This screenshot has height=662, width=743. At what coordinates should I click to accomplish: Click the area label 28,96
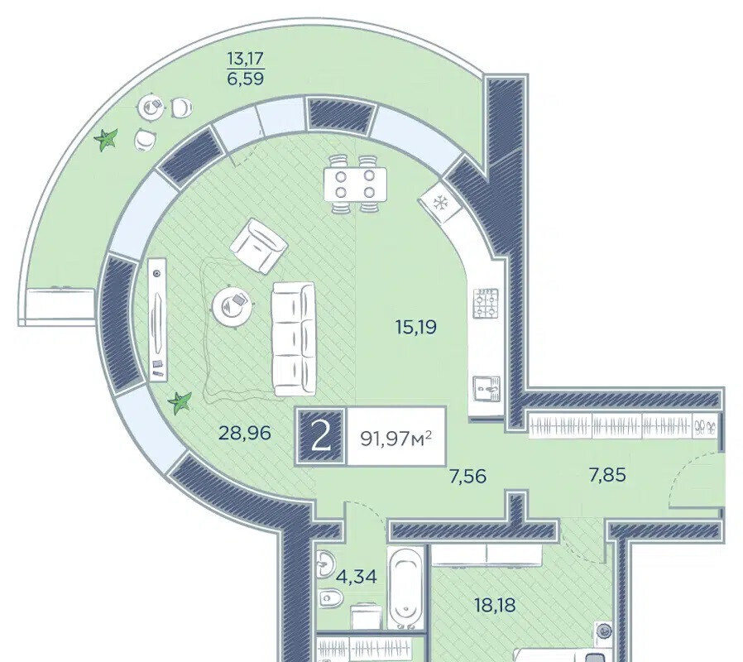(245, 433)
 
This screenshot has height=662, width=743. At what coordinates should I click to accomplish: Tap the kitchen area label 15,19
(416, 327)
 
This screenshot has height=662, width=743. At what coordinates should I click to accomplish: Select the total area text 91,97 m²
(396, 439)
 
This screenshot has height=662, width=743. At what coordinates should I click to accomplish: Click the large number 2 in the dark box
(321, 437)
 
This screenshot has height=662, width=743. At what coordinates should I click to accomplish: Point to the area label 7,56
(467, 476)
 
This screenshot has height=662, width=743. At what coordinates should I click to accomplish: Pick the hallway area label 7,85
(607, 474)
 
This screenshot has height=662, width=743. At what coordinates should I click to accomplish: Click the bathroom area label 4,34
(357, 577)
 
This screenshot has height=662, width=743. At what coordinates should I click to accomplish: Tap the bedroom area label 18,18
(495, 605)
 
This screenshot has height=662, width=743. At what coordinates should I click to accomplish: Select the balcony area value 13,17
(246, 59)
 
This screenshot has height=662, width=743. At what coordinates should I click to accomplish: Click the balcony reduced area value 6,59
(246, 78)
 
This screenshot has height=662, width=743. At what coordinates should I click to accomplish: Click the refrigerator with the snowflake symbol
(441, 203)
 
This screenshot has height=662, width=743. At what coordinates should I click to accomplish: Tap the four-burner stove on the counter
(486, 303)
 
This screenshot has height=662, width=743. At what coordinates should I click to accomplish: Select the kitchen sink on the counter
(487, 390)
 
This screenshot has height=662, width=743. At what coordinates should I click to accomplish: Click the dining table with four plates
(355, 184)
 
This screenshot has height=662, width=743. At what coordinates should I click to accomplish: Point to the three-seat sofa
(294, 339)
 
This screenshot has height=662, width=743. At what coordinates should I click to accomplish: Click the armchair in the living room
(259, 246)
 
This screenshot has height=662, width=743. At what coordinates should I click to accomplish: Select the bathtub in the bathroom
(406, 588)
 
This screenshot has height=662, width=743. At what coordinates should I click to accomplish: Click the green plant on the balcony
(105, 140)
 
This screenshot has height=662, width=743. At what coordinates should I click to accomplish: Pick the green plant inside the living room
(180, 403)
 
